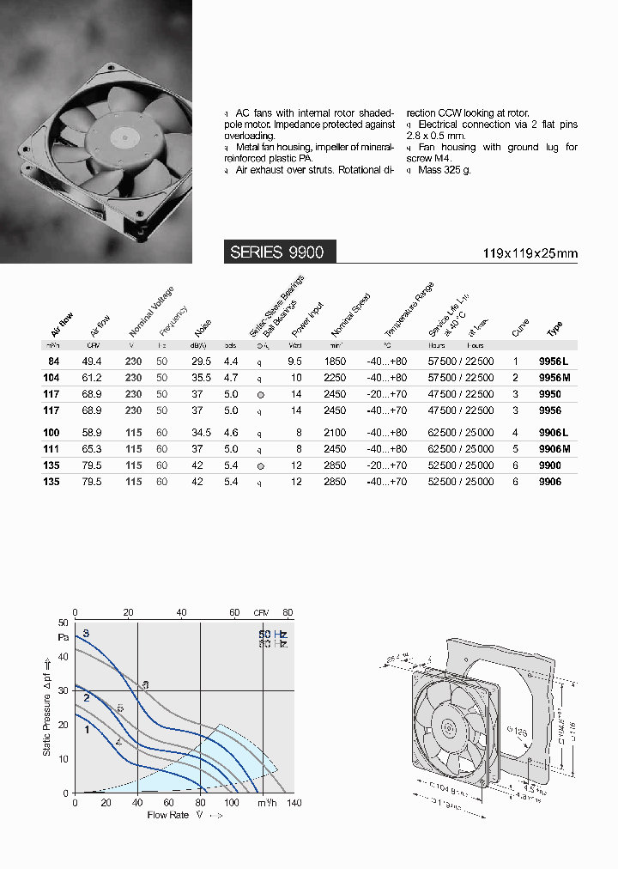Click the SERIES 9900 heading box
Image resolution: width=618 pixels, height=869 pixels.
click(279, 252)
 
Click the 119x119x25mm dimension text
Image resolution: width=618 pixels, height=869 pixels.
click(530, 252)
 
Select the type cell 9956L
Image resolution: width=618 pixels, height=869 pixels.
click(554, 362)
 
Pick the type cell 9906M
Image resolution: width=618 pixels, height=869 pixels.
click(554, 449)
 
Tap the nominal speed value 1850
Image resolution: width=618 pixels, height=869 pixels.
click(336, 362)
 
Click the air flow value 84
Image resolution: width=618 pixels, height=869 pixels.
click(53, 362)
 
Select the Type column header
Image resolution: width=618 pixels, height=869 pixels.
click(554, 329)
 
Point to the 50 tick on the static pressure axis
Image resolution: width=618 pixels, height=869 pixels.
click(63, 623)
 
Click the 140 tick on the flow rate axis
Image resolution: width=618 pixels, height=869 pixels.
click(294, 803)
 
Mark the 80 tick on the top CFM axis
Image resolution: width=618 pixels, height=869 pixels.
click(288, 612)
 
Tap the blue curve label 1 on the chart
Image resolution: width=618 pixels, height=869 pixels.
click(87, 729)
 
